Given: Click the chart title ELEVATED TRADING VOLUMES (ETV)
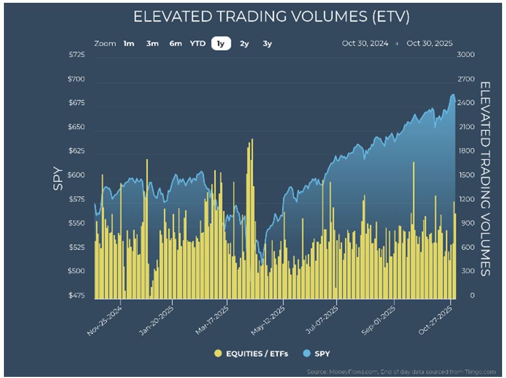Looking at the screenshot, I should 272,17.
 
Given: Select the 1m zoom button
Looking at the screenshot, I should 129,44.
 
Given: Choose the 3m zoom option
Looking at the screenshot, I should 152,44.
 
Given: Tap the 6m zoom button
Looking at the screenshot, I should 176,44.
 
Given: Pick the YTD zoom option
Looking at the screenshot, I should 197,44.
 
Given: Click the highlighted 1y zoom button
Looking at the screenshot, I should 221,44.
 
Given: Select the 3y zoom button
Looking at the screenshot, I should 267,44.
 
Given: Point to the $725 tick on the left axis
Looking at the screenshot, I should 77,55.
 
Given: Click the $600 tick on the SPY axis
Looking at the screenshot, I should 77,176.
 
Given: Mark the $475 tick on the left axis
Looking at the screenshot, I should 77,296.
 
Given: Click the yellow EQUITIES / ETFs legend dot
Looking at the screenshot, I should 218,353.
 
